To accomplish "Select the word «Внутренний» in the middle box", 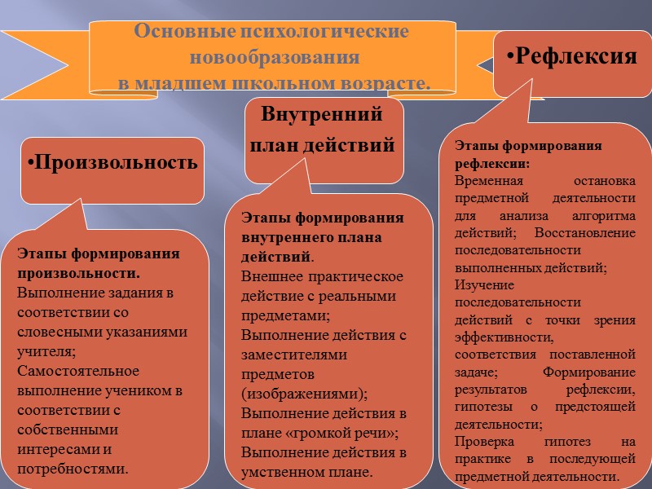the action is point(322,114).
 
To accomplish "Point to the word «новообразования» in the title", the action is point(274,58).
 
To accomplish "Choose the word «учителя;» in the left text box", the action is point(46,352).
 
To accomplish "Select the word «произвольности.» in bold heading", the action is point(79,273).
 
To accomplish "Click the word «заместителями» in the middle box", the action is point(294,355).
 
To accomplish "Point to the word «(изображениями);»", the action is point(305,394).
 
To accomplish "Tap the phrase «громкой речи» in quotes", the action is point(345,433).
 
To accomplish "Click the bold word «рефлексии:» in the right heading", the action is point(493,162).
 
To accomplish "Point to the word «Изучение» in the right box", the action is point(484,284).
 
